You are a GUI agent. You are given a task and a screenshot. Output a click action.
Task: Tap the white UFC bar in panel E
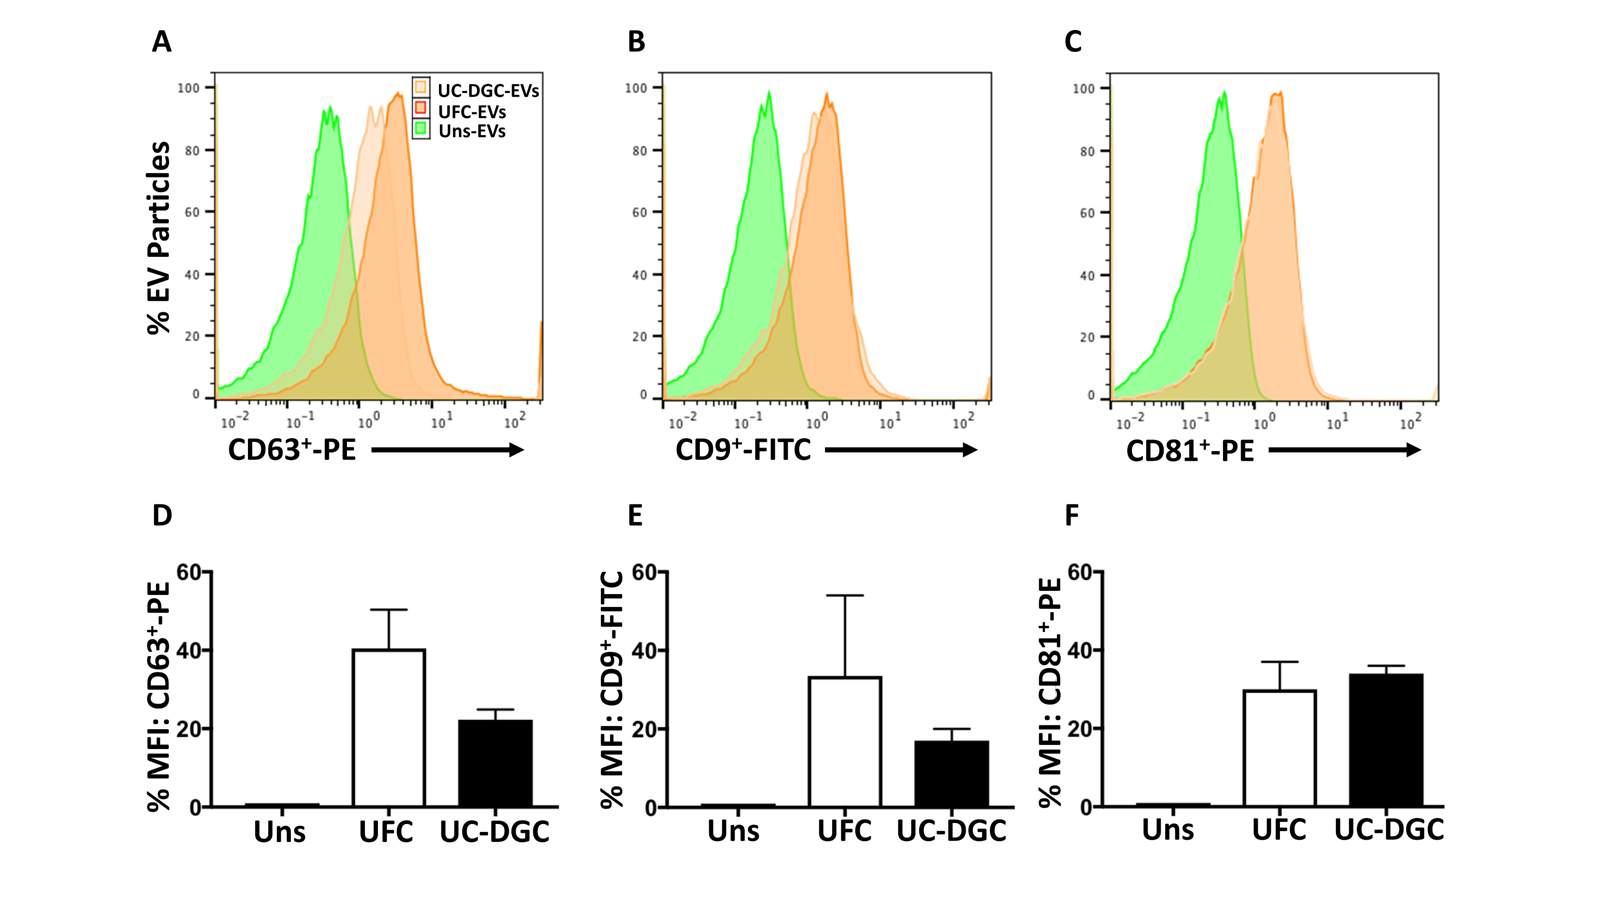(x=845, y=741)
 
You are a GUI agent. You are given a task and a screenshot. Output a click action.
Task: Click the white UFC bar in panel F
(x=1279, y=748)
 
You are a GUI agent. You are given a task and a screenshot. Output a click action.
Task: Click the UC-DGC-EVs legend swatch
(x=420, y=87)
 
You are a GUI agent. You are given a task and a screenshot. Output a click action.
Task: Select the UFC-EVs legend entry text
(x=472, y=112)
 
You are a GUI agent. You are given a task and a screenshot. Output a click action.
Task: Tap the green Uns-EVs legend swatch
(x=420, y=130)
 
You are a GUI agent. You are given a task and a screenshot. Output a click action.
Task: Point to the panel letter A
(x=161, y=42)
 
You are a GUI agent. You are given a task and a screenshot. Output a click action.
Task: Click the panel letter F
(x=1072, y=515)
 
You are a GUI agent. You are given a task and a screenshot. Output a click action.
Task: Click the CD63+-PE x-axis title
(x=291, y=450)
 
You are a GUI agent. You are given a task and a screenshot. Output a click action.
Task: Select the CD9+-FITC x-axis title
(x=743, y=450)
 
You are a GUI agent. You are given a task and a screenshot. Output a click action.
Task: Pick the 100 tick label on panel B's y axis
(x=636, y=88)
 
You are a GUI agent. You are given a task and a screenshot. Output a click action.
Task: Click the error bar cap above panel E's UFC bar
(x=845, y=595)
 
